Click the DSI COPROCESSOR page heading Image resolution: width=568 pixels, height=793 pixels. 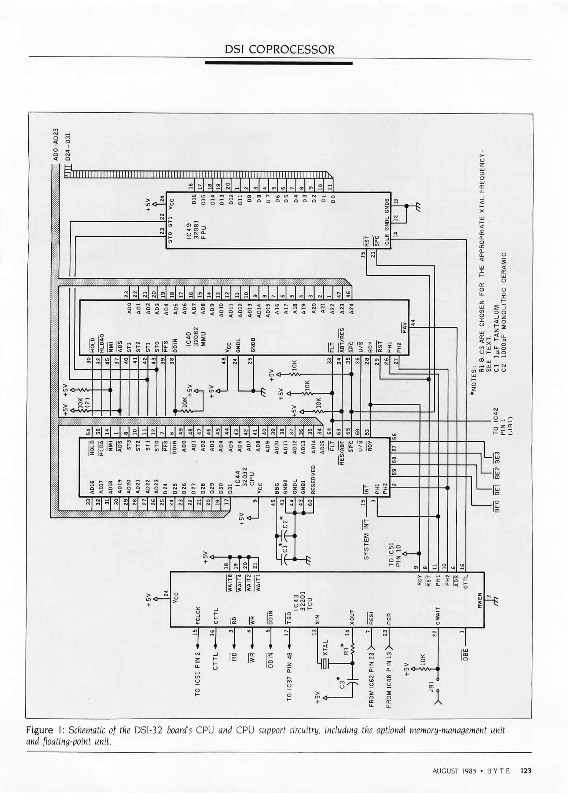[279, 50]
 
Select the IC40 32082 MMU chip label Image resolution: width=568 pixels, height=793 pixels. [197, 336]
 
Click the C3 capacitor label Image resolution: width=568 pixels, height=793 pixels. [343, 684]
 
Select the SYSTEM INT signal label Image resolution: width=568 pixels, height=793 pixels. [366, 540]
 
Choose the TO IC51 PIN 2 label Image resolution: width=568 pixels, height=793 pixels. [198, 674]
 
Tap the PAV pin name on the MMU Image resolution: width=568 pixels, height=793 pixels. [405, 326]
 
